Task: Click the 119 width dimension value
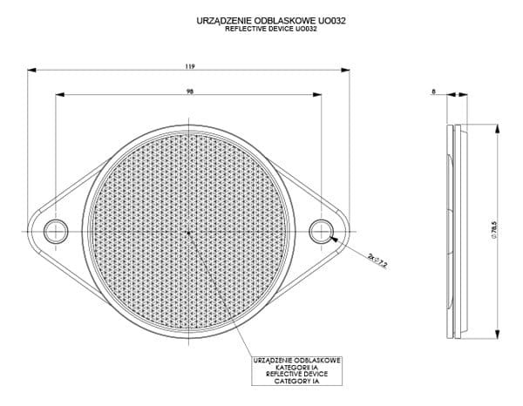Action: [190, 66]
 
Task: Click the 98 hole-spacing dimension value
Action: [190, 91]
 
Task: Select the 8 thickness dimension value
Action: [433, 91]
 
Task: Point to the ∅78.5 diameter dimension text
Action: [494, 230]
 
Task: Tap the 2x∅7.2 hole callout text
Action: [377, 261]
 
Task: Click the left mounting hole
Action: [56, 232]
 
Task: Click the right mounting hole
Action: [321, 232]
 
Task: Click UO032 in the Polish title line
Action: [332, 21]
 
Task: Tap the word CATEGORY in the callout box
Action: [289, 381]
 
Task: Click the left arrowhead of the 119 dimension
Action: [31, 70]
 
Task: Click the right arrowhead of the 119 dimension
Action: [345, 70]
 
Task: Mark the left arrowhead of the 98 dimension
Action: [59, 95]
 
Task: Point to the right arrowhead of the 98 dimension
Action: [317, 95]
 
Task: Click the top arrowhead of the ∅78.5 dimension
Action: [498, 129]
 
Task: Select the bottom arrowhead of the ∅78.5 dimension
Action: [498, 335]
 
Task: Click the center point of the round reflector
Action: [189, 233]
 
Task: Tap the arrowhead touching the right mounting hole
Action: [334, 239]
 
